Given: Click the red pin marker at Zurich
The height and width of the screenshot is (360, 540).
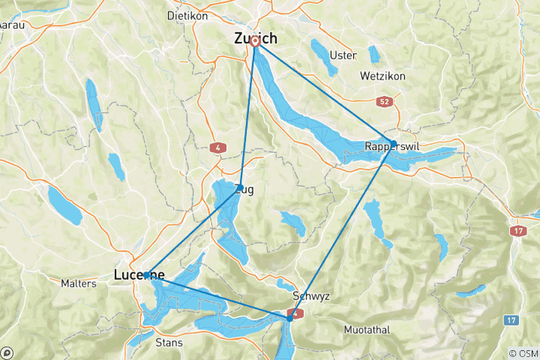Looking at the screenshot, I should click(255, 41).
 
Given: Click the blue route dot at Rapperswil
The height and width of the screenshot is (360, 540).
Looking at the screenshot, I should click(393, 142).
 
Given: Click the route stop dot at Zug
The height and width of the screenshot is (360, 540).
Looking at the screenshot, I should click(240, 184).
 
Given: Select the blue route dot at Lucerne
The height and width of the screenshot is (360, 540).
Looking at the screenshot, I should click(146, 274).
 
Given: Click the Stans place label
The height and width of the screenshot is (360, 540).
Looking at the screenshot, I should click(168, 343).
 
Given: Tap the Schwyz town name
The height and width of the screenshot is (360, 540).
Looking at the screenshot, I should click(311, 295).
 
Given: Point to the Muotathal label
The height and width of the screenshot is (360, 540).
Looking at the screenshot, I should click(368, 330).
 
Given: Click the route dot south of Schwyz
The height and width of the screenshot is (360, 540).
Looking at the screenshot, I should click(290, 318).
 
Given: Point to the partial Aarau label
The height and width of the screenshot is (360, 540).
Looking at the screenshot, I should click(9, 25).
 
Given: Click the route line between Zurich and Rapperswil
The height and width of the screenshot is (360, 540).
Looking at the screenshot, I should click(324, 91).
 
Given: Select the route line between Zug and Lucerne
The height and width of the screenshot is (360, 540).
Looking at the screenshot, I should click(193, 229).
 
